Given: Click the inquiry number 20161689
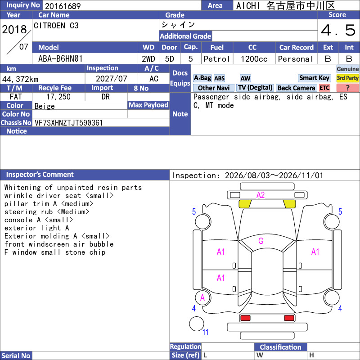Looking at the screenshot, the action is [x=63, y=6].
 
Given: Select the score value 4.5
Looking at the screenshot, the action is [x=338, y=30].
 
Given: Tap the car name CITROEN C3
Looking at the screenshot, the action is [x=56, y=26].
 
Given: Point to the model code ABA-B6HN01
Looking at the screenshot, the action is [x=60, y=59].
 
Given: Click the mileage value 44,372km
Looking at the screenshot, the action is [x=20, y=79].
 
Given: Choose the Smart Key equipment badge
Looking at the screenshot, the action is [x=314, y=78].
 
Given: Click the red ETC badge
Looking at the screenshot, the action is [x=324, y=88].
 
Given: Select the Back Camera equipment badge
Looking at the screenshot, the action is [x=296, y=88].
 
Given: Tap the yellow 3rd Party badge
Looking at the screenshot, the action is [x=347, y=78].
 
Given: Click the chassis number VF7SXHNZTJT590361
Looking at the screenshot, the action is [x=69, y=123].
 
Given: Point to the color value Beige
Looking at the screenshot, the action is [x=45, y=106].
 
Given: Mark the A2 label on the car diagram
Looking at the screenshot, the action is [x=261, y=195].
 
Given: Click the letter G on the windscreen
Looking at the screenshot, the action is [x=261, y=241].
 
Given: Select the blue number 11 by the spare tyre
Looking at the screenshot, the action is [x=205, y=332].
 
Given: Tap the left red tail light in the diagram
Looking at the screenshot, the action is [x=245, y=318].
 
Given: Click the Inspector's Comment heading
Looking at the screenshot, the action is [x=40, y=175].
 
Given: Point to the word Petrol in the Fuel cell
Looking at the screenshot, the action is [x=216, y=59].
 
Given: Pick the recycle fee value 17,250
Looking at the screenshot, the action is [x=58, y=97].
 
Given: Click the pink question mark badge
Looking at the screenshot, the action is [x=347, y=88].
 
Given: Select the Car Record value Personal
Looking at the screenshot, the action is [x=296, y=59].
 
